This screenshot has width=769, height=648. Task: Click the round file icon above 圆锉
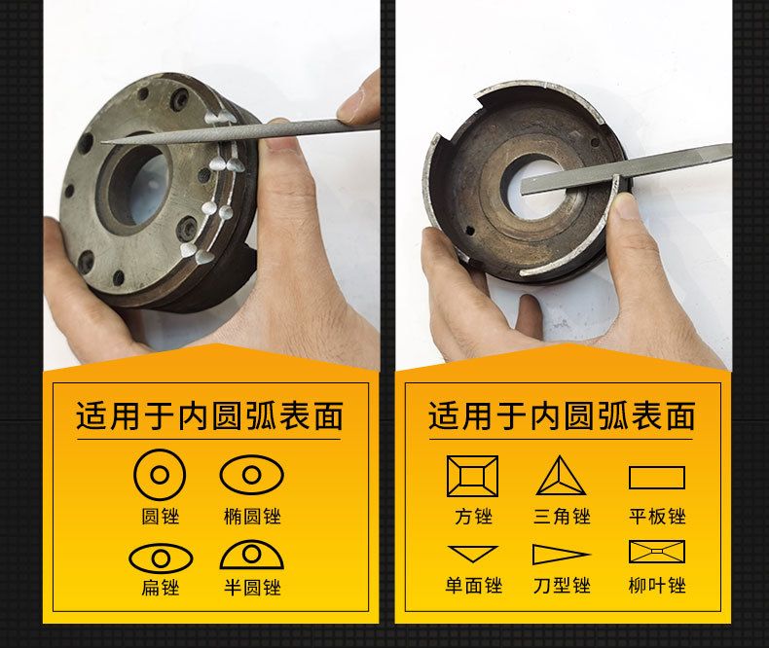coord(160,475)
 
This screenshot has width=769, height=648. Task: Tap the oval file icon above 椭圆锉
coord(251,474)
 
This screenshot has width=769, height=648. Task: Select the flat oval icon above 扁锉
coord(161,558)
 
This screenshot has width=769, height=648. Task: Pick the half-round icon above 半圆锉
coord(251,556)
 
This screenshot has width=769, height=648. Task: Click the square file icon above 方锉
coord(472,476)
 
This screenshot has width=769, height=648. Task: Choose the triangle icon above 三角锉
coord(561,476)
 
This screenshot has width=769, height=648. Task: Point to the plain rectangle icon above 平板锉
coord(657,478)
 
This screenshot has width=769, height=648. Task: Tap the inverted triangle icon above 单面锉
coord(473,554)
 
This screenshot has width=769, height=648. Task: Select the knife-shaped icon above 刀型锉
coord(561,555)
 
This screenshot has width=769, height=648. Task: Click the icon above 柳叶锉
coord(657,552)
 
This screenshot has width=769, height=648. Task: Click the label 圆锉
coord(160,516)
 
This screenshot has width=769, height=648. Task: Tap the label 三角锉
coord(562,516)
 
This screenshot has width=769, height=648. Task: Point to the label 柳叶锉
coord(657,586)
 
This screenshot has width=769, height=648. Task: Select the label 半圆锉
coord(252,587)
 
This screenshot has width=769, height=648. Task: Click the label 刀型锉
coord(562,586)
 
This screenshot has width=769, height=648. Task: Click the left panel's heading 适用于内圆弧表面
coord(209,416)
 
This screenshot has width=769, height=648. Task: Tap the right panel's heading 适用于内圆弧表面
coord(562,416)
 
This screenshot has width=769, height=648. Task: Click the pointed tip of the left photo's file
coord(102,143)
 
